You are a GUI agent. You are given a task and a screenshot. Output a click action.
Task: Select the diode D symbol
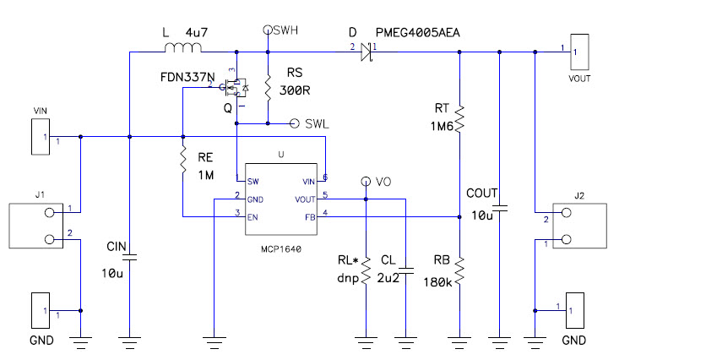tap(365, 52)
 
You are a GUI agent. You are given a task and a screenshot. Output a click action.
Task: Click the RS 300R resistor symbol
tap(268, 88)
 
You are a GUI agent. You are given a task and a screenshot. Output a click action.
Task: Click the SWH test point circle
tap(268, 30)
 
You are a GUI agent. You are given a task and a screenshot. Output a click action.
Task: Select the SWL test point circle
tap(295, 123)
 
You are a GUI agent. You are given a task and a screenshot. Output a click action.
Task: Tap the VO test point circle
tap(366, 181)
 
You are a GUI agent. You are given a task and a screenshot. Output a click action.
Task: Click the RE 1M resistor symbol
tap(182, 160)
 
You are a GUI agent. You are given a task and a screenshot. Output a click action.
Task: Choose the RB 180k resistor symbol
tap(459, 271)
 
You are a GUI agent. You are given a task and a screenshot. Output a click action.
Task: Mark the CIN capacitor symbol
tap(129, 259)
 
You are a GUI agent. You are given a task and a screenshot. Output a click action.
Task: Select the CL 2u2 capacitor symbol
tap(406, 272)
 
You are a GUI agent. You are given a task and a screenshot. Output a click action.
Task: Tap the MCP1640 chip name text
tap(283, 250)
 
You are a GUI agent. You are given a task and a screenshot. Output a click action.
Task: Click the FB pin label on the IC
tap(309, 216)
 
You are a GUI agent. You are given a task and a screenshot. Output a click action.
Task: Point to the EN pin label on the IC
tap(253, 216)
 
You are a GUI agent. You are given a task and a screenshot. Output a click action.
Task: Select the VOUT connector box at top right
tap(579, 53)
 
